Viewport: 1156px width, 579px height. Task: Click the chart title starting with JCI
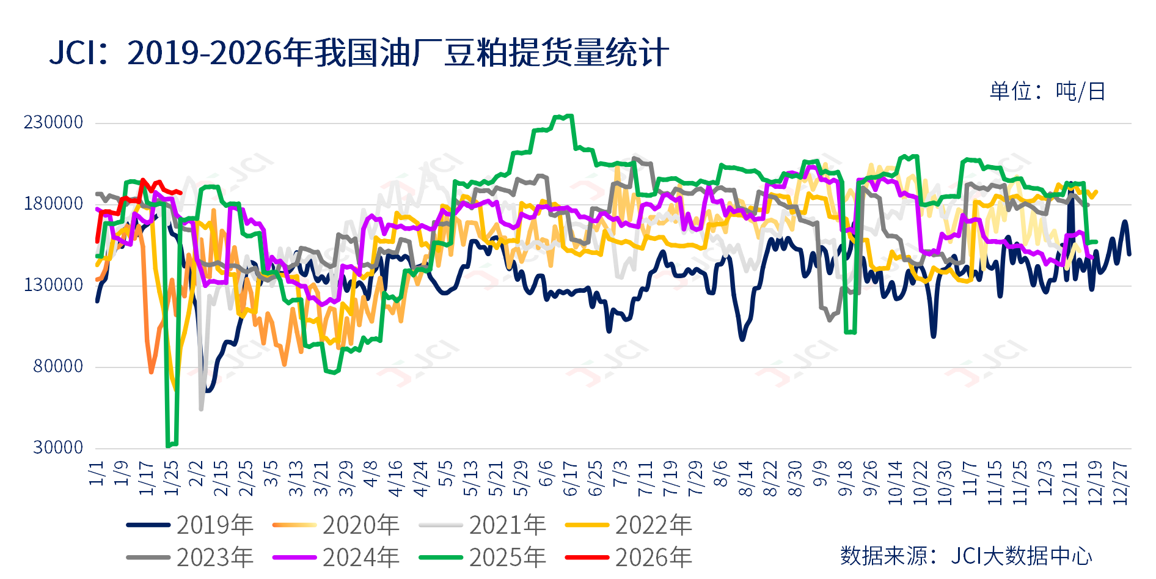click(x=359, y=53)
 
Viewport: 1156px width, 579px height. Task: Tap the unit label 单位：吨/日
click(x=1047, y=92)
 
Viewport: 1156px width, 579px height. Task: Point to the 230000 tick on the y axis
click(x=53, y=122)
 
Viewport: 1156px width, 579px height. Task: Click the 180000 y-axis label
click(x=53, y=204)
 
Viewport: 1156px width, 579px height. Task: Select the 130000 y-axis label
click(x=53, y=285)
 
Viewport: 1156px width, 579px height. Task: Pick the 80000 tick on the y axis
click(x=57, y=366)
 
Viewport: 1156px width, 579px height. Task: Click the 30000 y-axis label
click(x=57, y=448)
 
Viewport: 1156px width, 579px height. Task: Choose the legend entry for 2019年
click(x=190, y=525)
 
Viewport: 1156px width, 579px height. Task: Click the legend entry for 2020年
click(x=336, y=525)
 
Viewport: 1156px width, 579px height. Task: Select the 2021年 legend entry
click(x=483, y=525)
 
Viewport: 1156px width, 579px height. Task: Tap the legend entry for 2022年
click(x=629, y=525)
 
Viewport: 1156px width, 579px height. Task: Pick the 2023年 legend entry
click(x=190, y=558)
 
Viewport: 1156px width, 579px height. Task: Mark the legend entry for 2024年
click(x=336, y=558)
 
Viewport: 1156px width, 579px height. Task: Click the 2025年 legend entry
click(x=483, y=558)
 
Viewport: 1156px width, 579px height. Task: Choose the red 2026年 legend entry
click(x=629, y=558)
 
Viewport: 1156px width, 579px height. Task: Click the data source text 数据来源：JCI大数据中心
click(x=965, y=556)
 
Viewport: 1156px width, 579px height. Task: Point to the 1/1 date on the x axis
click(x=97, y=474)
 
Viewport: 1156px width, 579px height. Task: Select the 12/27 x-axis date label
click(x=1121, y=483)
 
